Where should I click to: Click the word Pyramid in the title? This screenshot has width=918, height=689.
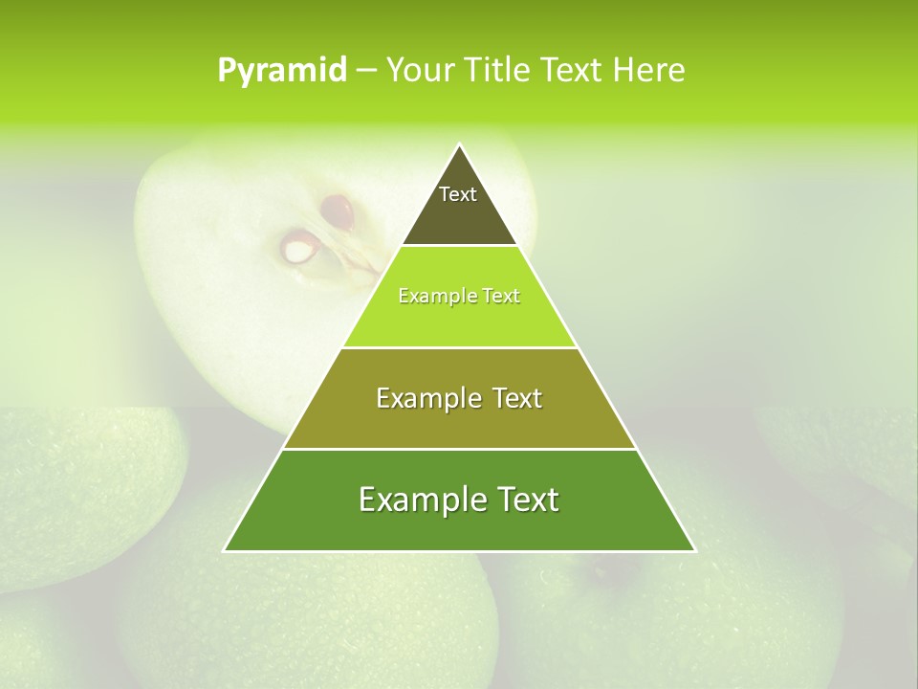click(281, 71)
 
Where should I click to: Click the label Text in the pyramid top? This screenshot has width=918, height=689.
click(458, 194)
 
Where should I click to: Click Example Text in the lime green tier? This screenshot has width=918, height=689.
click(459, 296)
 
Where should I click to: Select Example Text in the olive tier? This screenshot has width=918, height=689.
click(459, 398)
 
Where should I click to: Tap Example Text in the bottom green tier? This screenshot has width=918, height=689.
click(459, 500)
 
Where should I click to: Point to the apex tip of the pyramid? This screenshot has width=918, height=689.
click(459, 144)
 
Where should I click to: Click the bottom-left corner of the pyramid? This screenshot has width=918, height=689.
click(225, 550)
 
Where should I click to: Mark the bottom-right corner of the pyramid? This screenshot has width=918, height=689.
click(694, 550)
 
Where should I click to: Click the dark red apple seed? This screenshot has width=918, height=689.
click(337, 210)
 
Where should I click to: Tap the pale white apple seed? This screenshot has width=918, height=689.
click(298, 250)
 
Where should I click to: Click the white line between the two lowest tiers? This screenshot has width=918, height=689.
click(459, 449)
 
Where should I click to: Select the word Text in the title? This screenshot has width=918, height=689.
click(573, 71)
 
